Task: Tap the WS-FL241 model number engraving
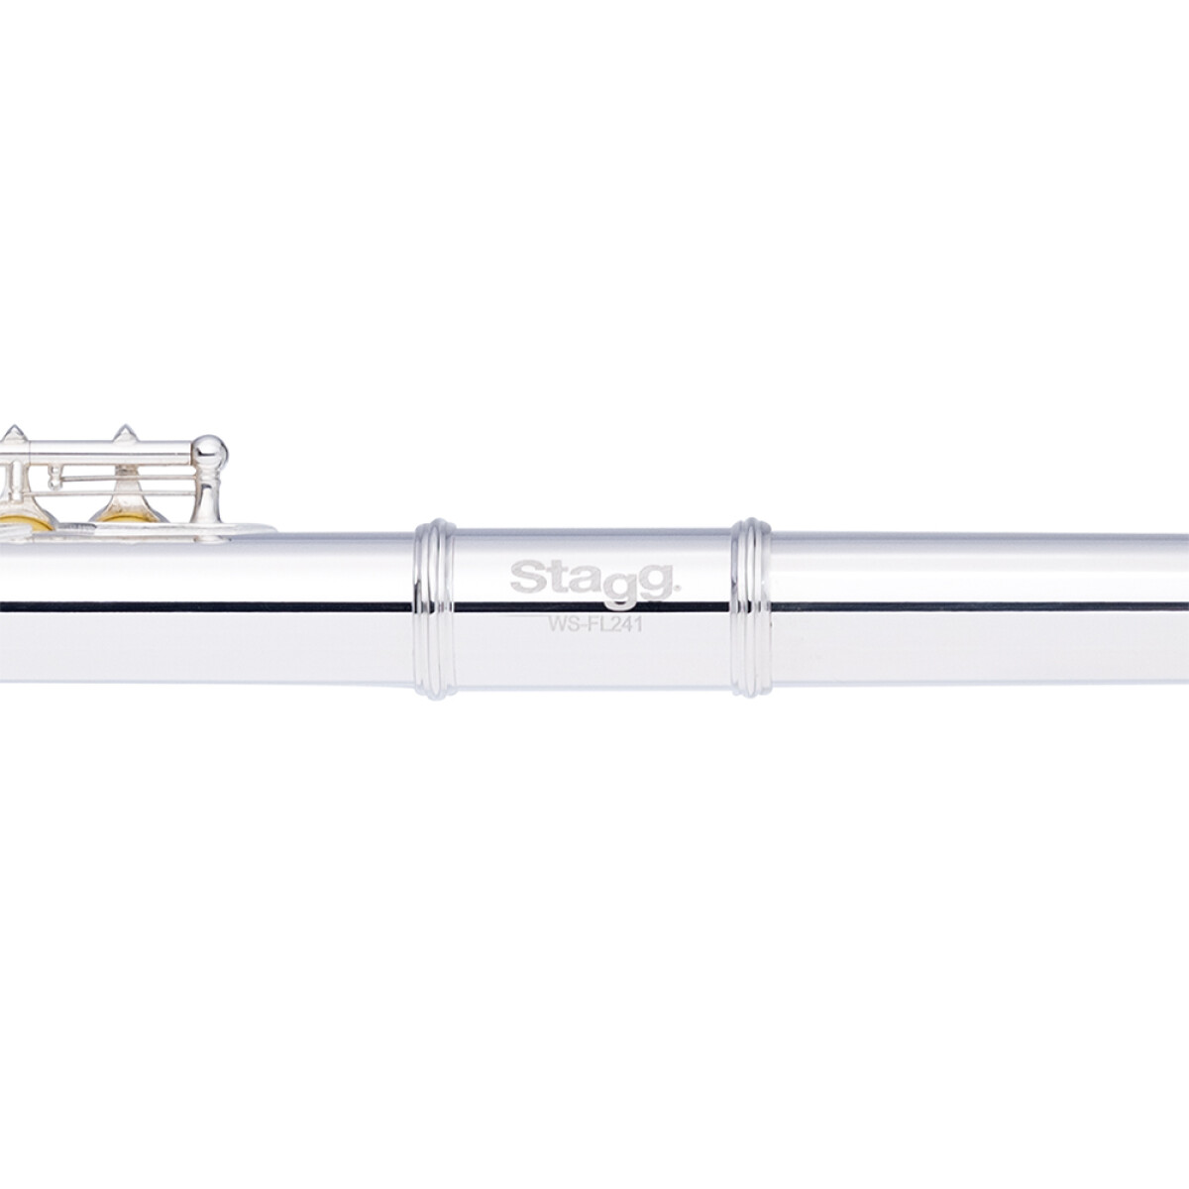[x=594, y=624]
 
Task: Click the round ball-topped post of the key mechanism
[x=210, y=452]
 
